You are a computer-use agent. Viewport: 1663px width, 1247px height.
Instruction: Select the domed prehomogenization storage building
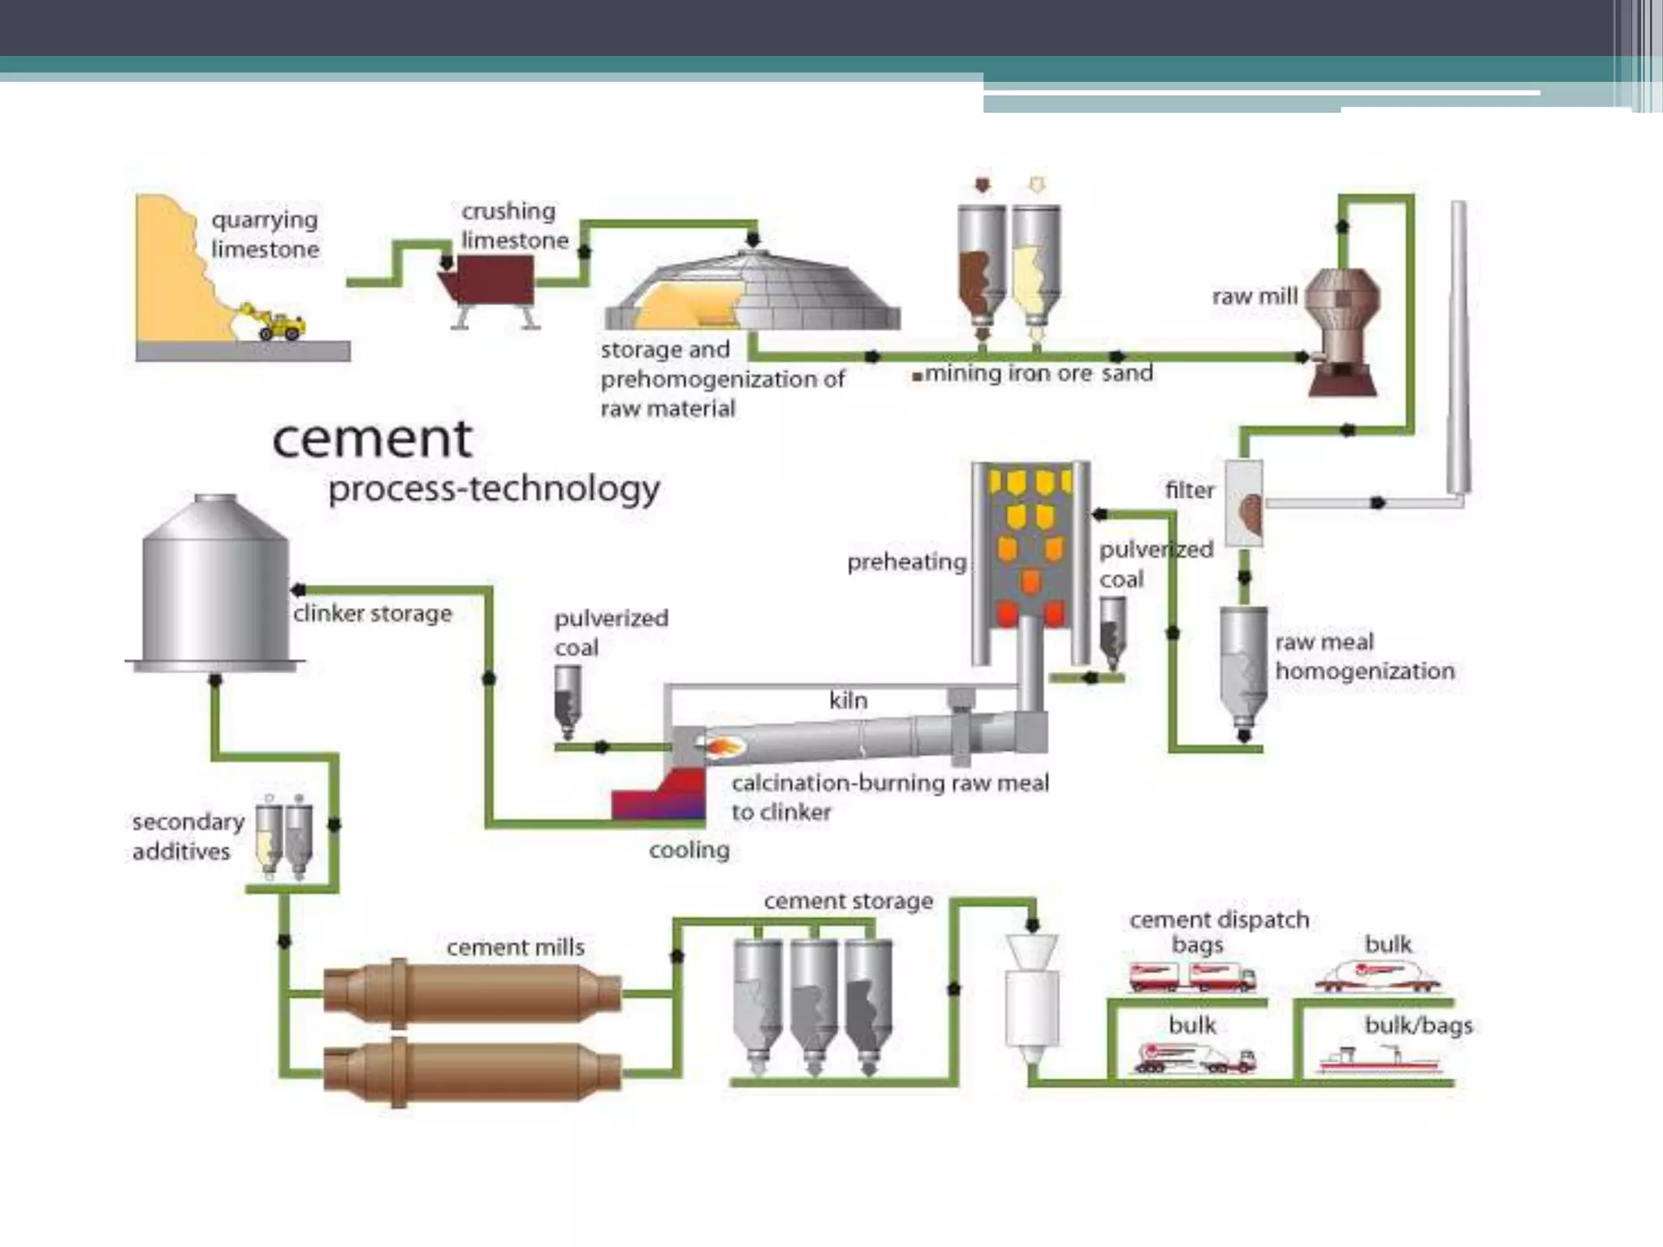754,292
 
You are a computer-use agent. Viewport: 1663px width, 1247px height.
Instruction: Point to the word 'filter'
1189,490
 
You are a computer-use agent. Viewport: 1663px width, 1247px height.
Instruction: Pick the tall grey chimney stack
1458,349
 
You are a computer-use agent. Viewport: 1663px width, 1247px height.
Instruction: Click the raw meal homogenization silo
1243,671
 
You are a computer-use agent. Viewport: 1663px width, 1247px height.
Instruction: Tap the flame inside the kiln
725,745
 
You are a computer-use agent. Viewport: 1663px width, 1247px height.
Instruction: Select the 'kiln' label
848,700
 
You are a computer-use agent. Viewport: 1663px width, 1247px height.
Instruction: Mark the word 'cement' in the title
372,440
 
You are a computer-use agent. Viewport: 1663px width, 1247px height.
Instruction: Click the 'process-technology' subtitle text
494,489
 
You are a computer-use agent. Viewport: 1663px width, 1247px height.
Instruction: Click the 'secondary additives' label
188,836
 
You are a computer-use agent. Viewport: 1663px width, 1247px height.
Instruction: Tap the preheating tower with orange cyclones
1030,560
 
